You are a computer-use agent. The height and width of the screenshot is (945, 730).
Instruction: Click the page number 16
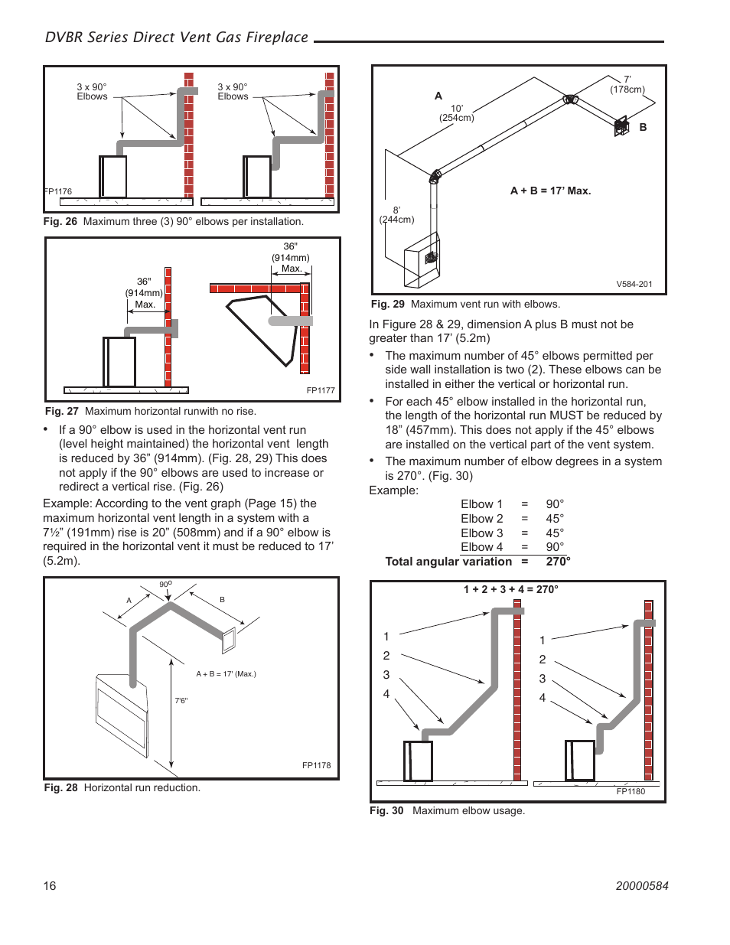[50, 885]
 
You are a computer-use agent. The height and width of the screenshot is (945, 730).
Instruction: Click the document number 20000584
[641, 885]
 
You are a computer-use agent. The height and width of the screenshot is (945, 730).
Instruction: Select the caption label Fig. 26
[60, 222]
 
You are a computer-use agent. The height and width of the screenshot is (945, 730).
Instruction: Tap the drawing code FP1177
[321, 390]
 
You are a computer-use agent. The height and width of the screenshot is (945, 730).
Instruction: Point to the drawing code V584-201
[634, 284]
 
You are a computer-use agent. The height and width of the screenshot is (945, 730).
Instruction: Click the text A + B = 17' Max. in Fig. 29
[550, 191]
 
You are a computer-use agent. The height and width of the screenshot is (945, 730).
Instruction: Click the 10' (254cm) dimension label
[457, 113]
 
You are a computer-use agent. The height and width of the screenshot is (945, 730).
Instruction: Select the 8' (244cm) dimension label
[396, 215]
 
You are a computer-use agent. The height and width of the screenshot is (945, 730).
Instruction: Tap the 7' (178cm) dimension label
[627, 84]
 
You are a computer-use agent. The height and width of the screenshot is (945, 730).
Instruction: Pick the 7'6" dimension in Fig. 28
[181, 701]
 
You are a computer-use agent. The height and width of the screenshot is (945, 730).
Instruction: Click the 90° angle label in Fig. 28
[165, 585]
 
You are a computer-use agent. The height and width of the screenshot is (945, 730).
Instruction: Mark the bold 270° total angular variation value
[558, 562]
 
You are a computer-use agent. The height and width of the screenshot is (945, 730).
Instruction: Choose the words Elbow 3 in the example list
[482, 533]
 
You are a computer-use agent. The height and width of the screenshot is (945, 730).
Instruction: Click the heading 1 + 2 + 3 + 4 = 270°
[510, 589]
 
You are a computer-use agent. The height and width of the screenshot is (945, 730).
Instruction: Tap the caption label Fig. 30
[386, 811]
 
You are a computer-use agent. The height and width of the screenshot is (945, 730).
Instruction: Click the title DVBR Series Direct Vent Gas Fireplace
[177, 37]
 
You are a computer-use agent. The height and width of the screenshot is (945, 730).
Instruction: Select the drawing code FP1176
[58, 192]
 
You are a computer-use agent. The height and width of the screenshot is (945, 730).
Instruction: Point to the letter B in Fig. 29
[643, 127]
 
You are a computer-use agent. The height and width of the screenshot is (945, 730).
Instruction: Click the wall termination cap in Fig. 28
[228, 640]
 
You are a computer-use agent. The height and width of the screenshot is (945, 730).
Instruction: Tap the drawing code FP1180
[631, 791]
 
